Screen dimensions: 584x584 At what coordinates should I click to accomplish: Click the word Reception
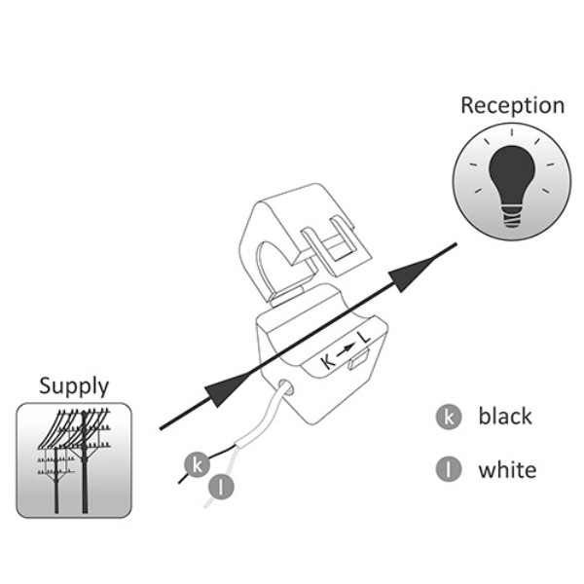click(512, 105)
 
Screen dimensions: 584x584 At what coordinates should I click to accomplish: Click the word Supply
click(74, 385)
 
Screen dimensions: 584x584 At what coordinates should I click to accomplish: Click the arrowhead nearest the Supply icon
click(221, 392)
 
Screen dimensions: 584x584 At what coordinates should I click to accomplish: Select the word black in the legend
click(505, 417)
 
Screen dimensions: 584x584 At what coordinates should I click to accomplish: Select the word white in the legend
click(506, 470)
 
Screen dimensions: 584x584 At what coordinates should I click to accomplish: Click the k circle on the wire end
click(197, 464)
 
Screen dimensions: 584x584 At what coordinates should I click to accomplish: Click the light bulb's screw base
click(512, 211)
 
